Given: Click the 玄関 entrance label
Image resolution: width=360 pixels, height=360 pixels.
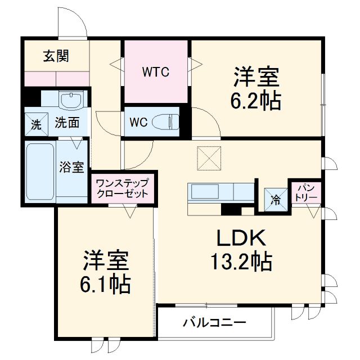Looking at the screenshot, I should coord(56,56).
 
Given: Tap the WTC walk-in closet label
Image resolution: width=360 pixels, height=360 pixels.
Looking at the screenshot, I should coord(156,72).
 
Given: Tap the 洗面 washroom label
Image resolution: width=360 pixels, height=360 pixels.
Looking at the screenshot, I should coord(66,121).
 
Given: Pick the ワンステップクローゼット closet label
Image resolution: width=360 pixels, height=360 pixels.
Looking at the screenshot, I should coord(122,188).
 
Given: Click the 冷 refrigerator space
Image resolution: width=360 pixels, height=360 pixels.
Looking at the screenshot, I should coord(276,199).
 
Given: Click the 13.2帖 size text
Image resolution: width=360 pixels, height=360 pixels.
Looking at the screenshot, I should coord(242,262).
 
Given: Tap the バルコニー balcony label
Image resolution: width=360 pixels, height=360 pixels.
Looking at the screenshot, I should coord(214,323).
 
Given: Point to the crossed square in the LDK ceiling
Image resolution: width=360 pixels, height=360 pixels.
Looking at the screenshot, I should coord(209,157).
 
